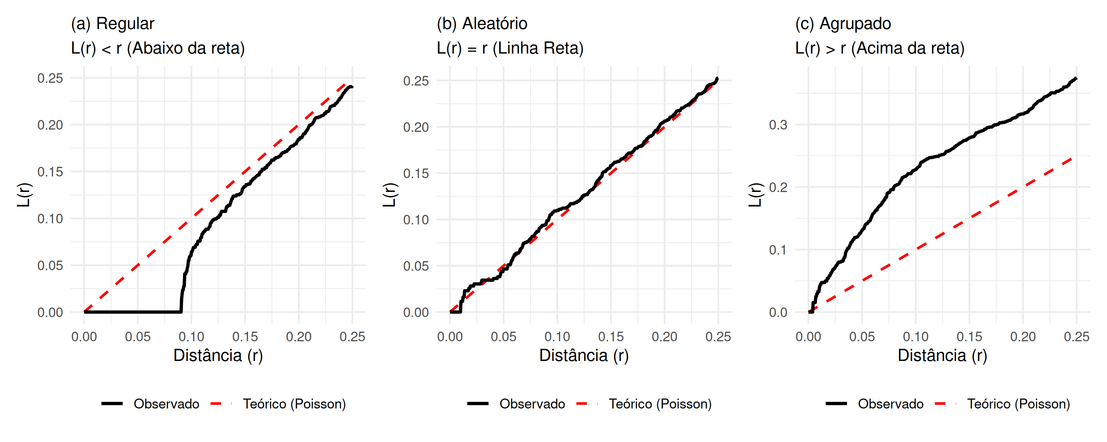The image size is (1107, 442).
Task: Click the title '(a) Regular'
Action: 113,24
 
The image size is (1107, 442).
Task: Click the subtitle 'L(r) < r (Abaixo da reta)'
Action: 158,48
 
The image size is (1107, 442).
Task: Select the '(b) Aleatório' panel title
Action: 482,24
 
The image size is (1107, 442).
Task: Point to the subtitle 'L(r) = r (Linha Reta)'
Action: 510,48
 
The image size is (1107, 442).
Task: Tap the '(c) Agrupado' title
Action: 843,24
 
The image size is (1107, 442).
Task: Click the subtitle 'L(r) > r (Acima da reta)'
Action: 880,48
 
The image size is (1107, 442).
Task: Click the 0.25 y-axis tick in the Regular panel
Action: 50,78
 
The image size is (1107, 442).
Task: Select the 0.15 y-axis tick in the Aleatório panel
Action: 415,173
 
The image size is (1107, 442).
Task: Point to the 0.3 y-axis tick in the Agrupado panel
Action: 778,125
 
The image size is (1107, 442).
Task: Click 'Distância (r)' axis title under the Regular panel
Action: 218,356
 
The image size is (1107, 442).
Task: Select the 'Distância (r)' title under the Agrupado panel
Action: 942,356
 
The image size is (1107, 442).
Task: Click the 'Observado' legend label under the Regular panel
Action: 166,404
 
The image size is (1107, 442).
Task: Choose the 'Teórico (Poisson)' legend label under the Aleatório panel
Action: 660,404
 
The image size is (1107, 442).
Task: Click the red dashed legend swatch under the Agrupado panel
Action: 945,404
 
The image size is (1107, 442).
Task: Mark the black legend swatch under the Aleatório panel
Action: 478,404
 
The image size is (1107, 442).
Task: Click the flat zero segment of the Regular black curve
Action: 133,312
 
